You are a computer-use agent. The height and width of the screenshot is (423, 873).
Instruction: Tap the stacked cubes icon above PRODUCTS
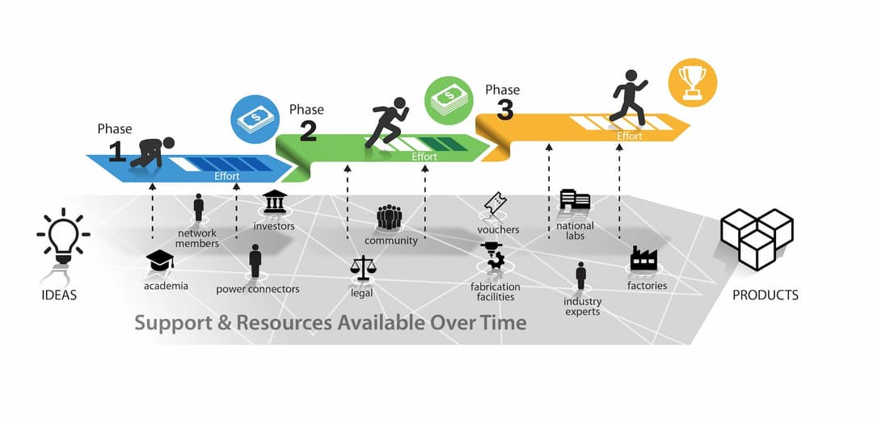pos(757,238)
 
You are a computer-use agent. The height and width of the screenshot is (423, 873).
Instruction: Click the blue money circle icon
pos(255,120)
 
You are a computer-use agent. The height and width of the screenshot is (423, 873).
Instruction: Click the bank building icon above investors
pos(275,202)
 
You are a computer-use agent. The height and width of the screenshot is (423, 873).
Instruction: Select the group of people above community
pos(390,217)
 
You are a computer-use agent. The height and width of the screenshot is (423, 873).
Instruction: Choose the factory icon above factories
pos(644,259)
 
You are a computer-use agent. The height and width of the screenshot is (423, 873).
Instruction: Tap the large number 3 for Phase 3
pos(505,111)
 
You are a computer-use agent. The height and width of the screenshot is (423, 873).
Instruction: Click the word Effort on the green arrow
pos(424,157)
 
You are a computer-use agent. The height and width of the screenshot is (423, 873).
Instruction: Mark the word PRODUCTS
pos(765,295)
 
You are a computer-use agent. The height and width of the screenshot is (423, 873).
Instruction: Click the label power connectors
pos(258,289)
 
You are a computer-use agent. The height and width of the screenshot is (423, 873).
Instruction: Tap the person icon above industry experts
pos(581,275)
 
